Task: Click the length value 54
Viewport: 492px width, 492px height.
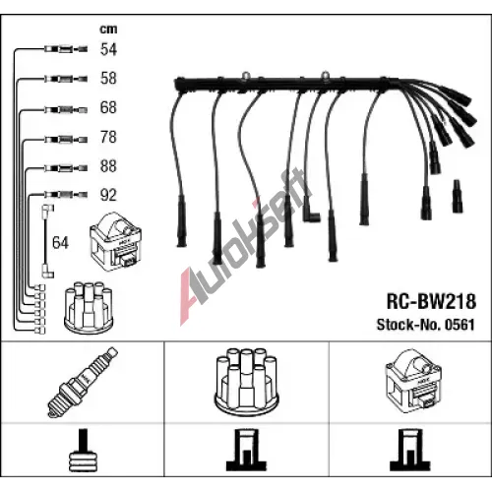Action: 108,49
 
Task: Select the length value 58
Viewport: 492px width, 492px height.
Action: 108,79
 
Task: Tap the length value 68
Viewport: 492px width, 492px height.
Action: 108,107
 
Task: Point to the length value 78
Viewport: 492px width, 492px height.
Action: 108,137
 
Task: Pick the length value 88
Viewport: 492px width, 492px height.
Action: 108,166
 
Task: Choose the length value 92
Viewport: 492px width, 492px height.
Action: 108,195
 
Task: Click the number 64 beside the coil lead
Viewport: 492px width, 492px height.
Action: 61,243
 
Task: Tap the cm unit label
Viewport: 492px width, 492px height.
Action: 108,30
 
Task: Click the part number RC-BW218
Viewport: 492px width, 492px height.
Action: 431,301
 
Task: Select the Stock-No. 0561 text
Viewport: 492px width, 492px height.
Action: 426,325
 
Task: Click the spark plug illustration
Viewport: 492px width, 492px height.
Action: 83,383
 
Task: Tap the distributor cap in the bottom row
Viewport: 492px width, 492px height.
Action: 246,382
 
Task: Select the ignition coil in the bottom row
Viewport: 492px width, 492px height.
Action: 413,381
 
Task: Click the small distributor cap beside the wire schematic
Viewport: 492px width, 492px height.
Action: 89,305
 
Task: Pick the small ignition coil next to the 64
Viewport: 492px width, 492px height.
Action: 116,242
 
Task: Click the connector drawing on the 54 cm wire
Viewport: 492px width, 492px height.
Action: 66,49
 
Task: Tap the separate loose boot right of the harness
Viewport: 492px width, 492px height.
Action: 457,196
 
